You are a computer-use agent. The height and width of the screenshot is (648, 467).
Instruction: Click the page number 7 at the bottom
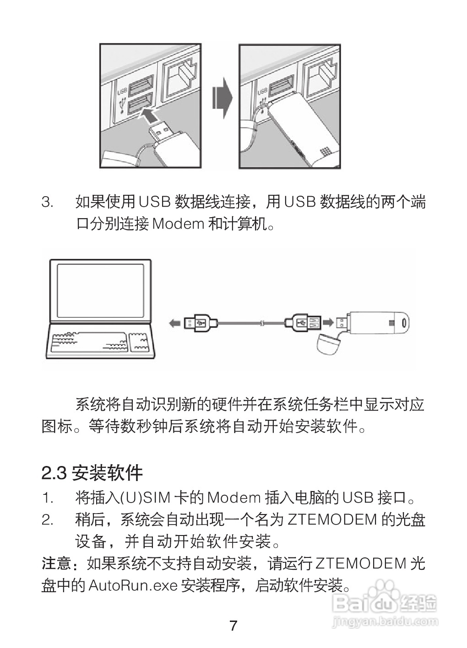(x=233, y=626)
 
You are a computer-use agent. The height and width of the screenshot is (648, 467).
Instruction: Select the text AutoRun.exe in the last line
(x=133, y=585)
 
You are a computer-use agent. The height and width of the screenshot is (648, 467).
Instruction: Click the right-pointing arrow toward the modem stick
(x=328, y=322)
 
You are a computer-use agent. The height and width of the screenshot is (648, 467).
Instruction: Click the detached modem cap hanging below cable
(x=328, y=343)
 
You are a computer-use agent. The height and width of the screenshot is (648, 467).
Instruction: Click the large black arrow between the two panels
(x=222, y=99)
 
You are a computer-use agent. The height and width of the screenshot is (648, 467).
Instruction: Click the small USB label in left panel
(x=122, y=91)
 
